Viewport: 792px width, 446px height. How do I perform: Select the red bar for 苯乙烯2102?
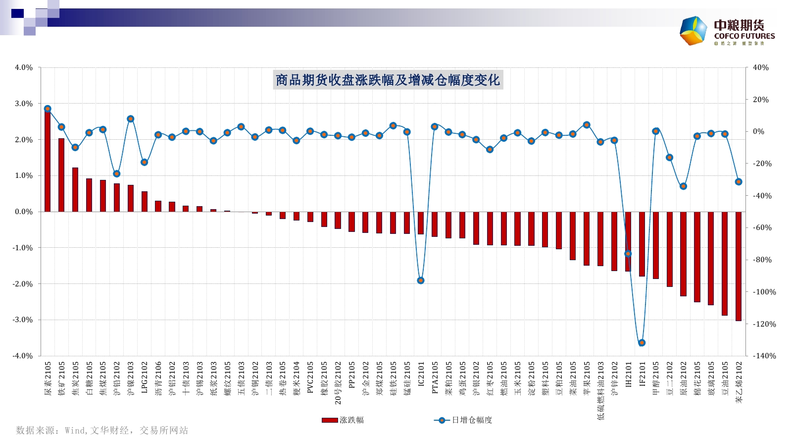[739, 266]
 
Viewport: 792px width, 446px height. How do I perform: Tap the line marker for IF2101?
[642, 342]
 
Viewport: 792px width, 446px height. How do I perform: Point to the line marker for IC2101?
[421, 280]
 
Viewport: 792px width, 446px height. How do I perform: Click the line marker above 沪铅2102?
[117, 174]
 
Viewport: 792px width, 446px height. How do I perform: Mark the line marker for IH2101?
[628, 254]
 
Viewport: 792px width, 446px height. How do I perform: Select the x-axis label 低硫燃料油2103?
[600, 390]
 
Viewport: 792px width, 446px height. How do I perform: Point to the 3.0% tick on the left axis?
[23, 104]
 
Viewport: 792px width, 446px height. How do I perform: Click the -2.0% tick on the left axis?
[23, 284]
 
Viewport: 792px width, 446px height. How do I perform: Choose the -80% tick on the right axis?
[762, 260]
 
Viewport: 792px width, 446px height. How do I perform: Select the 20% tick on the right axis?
[760, 100]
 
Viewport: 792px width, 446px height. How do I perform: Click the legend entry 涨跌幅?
[343, 420]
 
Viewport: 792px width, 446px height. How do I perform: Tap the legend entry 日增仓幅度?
[463, 420]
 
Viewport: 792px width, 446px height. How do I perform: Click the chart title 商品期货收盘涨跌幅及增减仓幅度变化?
[388, 80]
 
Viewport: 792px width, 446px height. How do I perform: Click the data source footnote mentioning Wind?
[102, 430]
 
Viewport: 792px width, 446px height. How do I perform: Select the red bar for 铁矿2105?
[61, 174]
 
